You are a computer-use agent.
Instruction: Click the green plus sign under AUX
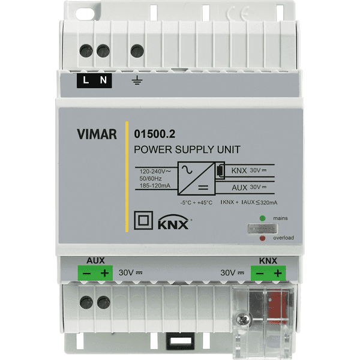click(104, 274)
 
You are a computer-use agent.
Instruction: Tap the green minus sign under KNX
click(260, 274)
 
